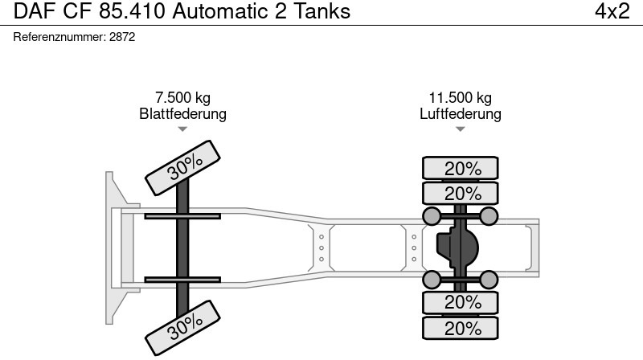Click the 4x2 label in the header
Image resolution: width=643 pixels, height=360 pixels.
(612, 11)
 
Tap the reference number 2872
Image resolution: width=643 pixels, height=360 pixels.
(122, 37)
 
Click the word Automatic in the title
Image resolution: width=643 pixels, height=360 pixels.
(220, 11)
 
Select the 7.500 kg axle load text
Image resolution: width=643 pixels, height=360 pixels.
(183, 97)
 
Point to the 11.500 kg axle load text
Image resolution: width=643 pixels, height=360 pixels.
(460, 97)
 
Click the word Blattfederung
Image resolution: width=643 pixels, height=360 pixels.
(183, 113)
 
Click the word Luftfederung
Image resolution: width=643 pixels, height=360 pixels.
(460, 113)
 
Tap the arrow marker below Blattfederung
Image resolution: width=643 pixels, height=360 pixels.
(182, 129)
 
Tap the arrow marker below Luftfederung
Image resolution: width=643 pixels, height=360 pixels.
(460, 129)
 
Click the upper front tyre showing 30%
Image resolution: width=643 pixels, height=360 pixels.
(183, 168)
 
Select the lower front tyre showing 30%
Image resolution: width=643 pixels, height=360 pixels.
(183, 328)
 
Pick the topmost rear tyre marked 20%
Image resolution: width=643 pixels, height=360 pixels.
(461, 168)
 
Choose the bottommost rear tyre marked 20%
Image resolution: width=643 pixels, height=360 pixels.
(461, 328)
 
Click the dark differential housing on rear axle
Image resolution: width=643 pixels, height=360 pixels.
(457, 247)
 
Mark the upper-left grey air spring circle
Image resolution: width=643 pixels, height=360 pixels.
(432, 216)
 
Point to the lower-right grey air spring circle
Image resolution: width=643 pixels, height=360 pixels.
(489, 280)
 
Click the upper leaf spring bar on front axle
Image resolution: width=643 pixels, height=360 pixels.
(182, 216)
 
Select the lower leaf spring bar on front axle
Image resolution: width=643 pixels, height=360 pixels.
(182, 280)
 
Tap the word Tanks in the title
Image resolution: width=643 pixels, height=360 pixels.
(322, 11)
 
